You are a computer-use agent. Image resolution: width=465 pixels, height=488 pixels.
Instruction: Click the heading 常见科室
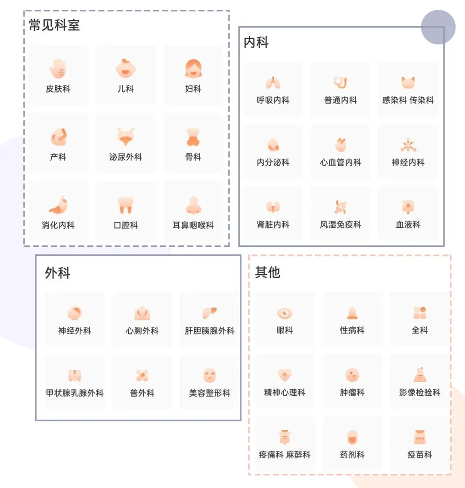(54, 25)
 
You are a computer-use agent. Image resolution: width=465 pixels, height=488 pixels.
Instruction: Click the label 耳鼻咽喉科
(193, 225)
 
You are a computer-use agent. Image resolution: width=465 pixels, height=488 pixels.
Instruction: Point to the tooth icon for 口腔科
(125, 205)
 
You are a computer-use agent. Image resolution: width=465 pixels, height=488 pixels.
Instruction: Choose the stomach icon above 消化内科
(58, 205)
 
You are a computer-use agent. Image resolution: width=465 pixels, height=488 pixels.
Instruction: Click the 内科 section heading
(256, 42)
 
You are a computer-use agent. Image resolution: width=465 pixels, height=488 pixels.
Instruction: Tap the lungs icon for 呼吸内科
(273, 82)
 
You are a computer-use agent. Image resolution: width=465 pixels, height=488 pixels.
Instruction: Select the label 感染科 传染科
(408, 100)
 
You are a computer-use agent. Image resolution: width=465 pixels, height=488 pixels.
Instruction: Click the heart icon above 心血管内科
(341, 145)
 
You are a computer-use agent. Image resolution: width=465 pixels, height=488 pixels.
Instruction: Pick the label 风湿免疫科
(341, 224)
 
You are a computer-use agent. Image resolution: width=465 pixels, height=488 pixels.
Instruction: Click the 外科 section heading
(57, 273)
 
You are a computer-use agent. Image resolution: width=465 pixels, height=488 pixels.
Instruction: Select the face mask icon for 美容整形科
(210, 375)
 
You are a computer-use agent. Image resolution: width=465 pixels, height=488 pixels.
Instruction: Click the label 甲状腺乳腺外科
(75, 393)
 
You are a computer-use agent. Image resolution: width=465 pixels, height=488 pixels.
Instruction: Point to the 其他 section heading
(267, 272)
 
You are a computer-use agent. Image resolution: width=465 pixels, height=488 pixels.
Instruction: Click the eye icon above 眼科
(285, 313)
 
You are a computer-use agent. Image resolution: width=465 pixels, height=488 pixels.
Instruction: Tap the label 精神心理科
(285, 392)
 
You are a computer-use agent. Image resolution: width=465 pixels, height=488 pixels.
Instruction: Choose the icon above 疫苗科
(420, 437)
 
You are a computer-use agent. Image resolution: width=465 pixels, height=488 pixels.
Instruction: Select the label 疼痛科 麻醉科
(285, 454)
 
